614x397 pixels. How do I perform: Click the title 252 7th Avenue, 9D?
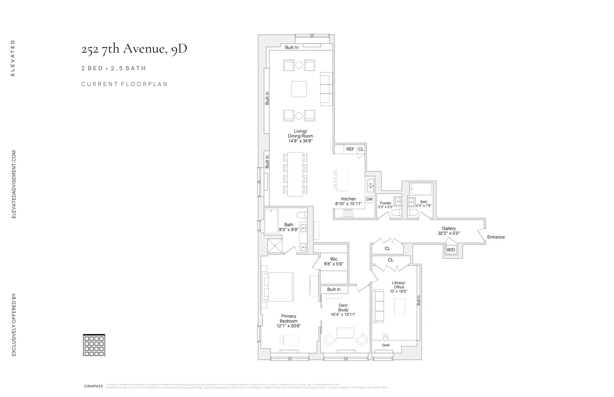[134, 49]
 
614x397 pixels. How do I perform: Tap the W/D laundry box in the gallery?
[451, 250]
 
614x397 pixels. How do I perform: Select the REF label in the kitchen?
[350, 149]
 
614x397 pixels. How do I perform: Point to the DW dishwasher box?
[369, 200]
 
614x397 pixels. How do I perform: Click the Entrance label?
[496, 237]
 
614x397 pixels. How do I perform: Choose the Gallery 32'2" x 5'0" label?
[449, 231]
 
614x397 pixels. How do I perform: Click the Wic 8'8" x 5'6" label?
[334, 262]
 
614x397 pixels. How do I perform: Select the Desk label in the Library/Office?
[386, 345]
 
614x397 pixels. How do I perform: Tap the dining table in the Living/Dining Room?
[295, 174]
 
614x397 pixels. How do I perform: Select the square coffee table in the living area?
[299, 89]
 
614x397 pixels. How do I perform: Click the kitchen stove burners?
[348, 213]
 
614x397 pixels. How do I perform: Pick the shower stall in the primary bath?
[275, 246]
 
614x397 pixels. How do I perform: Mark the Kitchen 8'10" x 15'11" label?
[348, 201]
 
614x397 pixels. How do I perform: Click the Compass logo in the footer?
[93, 386]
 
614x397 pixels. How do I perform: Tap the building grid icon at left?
[94, 345]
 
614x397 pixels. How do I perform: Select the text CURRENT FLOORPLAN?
[124, 84]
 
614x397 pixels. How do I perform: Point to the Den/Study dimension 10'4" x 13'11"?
[343, 314]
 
